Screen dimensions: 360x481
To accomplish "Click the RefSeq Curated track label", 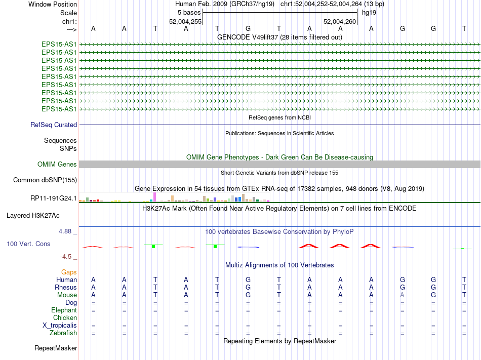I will coord(54,125).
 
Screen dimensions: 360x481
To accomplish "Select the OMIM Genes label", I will coord(57,164).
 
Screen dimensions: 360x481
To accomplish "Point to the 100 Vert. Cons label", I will coord(28,244).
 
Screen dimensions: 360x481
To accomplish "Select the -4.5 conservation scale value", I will coord(66,257).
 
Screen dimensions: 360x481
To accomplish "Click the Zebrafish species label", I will coord(63,333).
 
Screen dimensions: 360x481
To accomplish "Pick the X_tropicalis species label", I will coord(60,325).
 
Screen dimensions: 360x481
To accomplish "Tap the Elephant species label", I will coord(64,310).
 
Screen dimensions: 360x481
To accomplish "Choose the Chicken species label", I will coord(65,317).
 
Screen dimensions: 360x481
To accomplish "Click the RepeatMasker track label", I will coord(56,348).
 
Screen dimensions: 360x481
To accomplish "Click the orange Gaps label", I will coord(69,272).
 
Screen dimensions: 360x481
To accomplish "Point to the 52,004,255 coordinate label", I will coord(185,21).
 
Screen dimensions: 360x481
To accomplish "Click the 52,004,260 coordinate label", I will coord(340,21).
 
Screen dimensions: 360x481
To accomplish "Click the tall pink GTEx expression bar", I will coord(154,196).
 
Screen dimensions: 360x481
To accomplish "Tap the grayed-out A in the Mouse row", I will coord(402,295).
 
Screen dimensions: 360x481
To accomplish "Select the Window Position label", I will coord(53,4).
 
